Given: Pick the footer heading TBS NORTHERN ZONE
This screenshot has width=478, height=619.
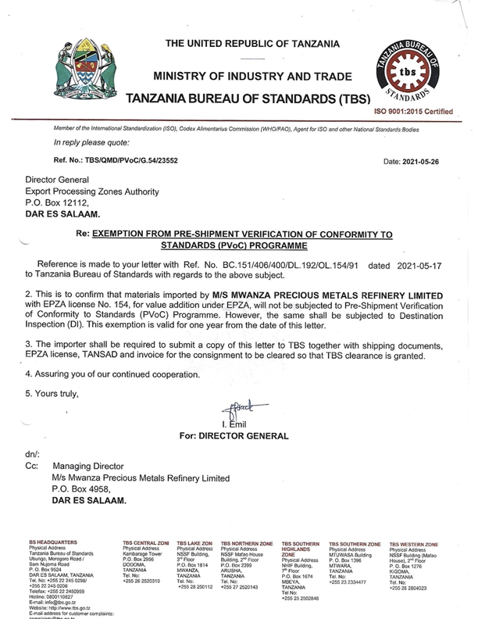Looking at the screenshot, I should coord(247,542).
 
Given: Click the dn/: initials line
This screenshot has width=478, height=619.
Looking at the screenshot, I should coord(33,453).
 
